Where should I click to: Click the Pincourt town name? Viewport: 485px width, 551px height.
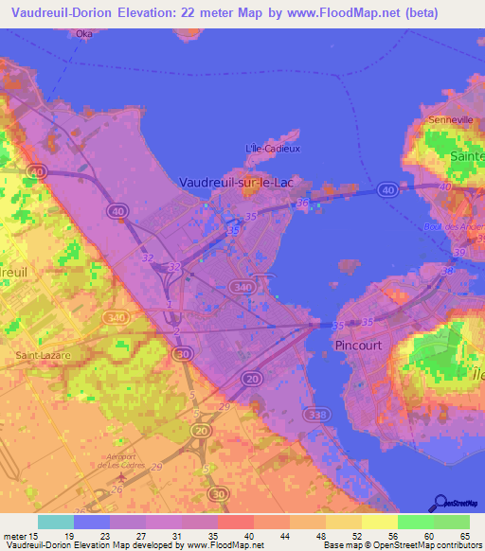[359, 346]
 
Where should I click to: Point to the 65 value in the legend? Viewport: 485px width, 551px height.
[464, 536]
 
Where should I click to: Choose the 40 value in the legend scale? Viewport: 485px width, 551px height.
[249, 536]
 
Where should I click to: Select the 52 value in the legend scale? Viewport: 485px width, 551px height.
[356, 536]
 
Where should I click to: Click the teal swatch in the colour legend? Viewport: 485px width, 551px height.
[56, 522]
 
